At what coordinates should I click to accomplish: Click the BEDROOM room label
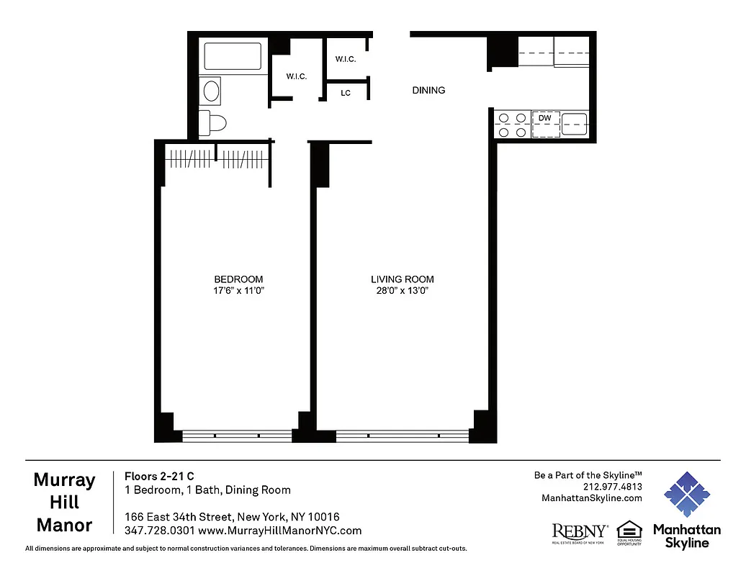click(238, 279)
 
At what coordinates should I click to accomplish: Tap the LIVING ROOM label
click(403, 279)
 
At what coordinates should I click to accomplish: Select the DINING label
click(428, 91)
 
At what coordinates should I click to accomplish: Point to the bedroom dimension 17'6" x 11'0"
click(238, 291)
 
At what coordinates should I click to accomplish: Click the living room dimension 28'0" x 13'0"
click(403, 291)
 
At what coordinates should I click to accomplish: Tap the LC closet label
click(346, 94)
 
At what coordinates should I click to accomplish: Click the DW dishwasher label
click(545, 117)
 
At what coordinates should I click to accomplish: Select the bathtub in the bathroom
click(233, 57)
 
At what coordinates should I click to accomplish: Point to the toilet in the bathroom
click(213, 122)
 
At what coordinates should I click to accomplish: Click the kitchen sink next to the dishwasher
click(575, 125)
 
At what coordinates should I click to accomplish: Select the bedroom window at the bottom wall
click(237, 435)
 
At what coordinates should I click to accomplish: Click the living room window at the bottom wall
click(402, 435)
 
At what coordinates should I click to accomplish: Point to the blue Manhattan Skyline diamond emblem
click(686, 495)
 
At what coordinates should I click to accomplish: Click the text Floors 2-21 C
click(159, 476)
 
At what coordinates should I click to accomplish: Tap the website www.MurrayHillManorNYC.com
click(279, 531)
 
